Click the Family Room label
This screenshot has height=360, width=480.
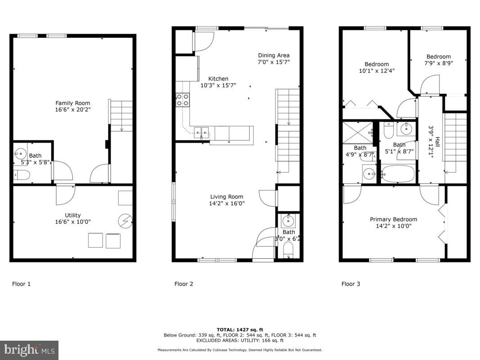point(72,103)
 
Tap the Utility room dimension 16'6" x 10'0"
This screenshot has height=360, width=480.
point(73,222)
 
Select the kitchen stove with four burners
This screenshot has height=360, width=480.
point(182,99)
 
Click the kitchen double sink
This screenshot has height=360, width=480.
point(202,131)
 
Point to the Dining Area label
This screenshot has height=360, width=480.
point(274,56)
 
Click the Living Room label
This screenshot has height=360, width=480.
point(227,197)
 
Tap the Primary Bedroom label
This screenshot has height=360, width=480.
point(393,220)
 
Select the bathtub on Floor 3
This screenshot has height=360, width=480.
point(398,173)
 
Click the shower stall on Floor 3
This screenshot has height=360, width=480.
point(358,132)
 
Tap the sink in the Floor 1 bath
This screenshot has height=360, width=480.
point(20,152)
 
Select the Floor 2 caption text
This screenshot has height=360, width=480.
point(184,284)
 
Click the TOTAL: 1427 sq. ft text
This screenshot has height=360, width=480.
point(239,329)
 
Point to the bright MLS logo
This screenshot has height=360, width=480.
point(29,350)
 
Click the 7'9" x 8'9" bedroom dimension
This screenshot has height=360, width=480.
point(439,63)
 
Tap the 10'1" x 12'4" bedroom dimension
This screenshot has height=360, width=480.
point(377,71)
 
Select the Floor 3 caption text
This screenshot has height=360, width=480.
point(350,284)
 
